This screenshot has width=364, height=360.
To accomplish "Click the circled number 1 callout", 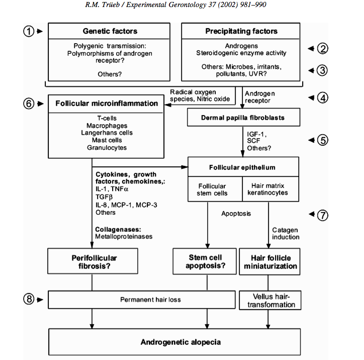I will pos(30,31).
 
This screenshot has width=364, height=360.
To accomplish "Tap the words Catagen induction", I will pos(286,233).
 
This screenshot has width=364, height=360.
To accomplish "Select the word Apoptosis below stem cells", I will pos(236,213).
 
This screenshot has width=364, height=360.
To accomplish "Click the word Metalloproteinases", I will pos(123,237).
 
